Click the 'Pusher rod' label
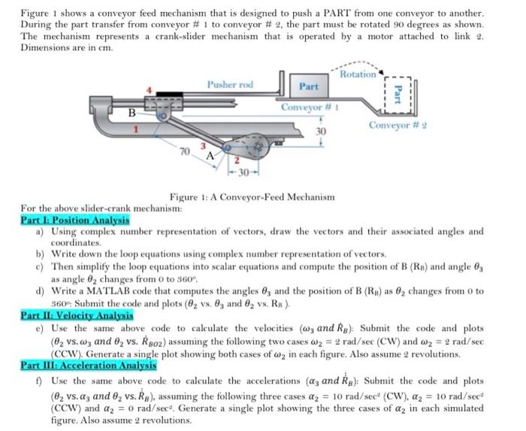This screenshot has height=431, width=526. point(229,84)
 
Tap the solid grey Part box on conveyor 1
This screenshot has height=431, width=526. point(309,87)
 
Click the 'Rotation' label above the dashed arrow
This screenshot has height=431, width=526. point(358,74)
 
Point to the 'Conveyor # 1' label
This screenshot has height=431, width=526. point(307,107)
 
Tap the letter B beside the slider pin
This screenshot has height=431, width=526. point(131,114)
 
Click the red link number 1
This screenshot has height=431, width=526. point(135,132)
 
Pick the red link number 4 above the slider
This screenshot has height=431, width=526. point(149,91)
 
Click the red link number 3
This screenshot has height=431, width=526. point(200,144)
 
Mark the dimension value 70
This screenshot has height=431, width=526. point(184,153)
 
